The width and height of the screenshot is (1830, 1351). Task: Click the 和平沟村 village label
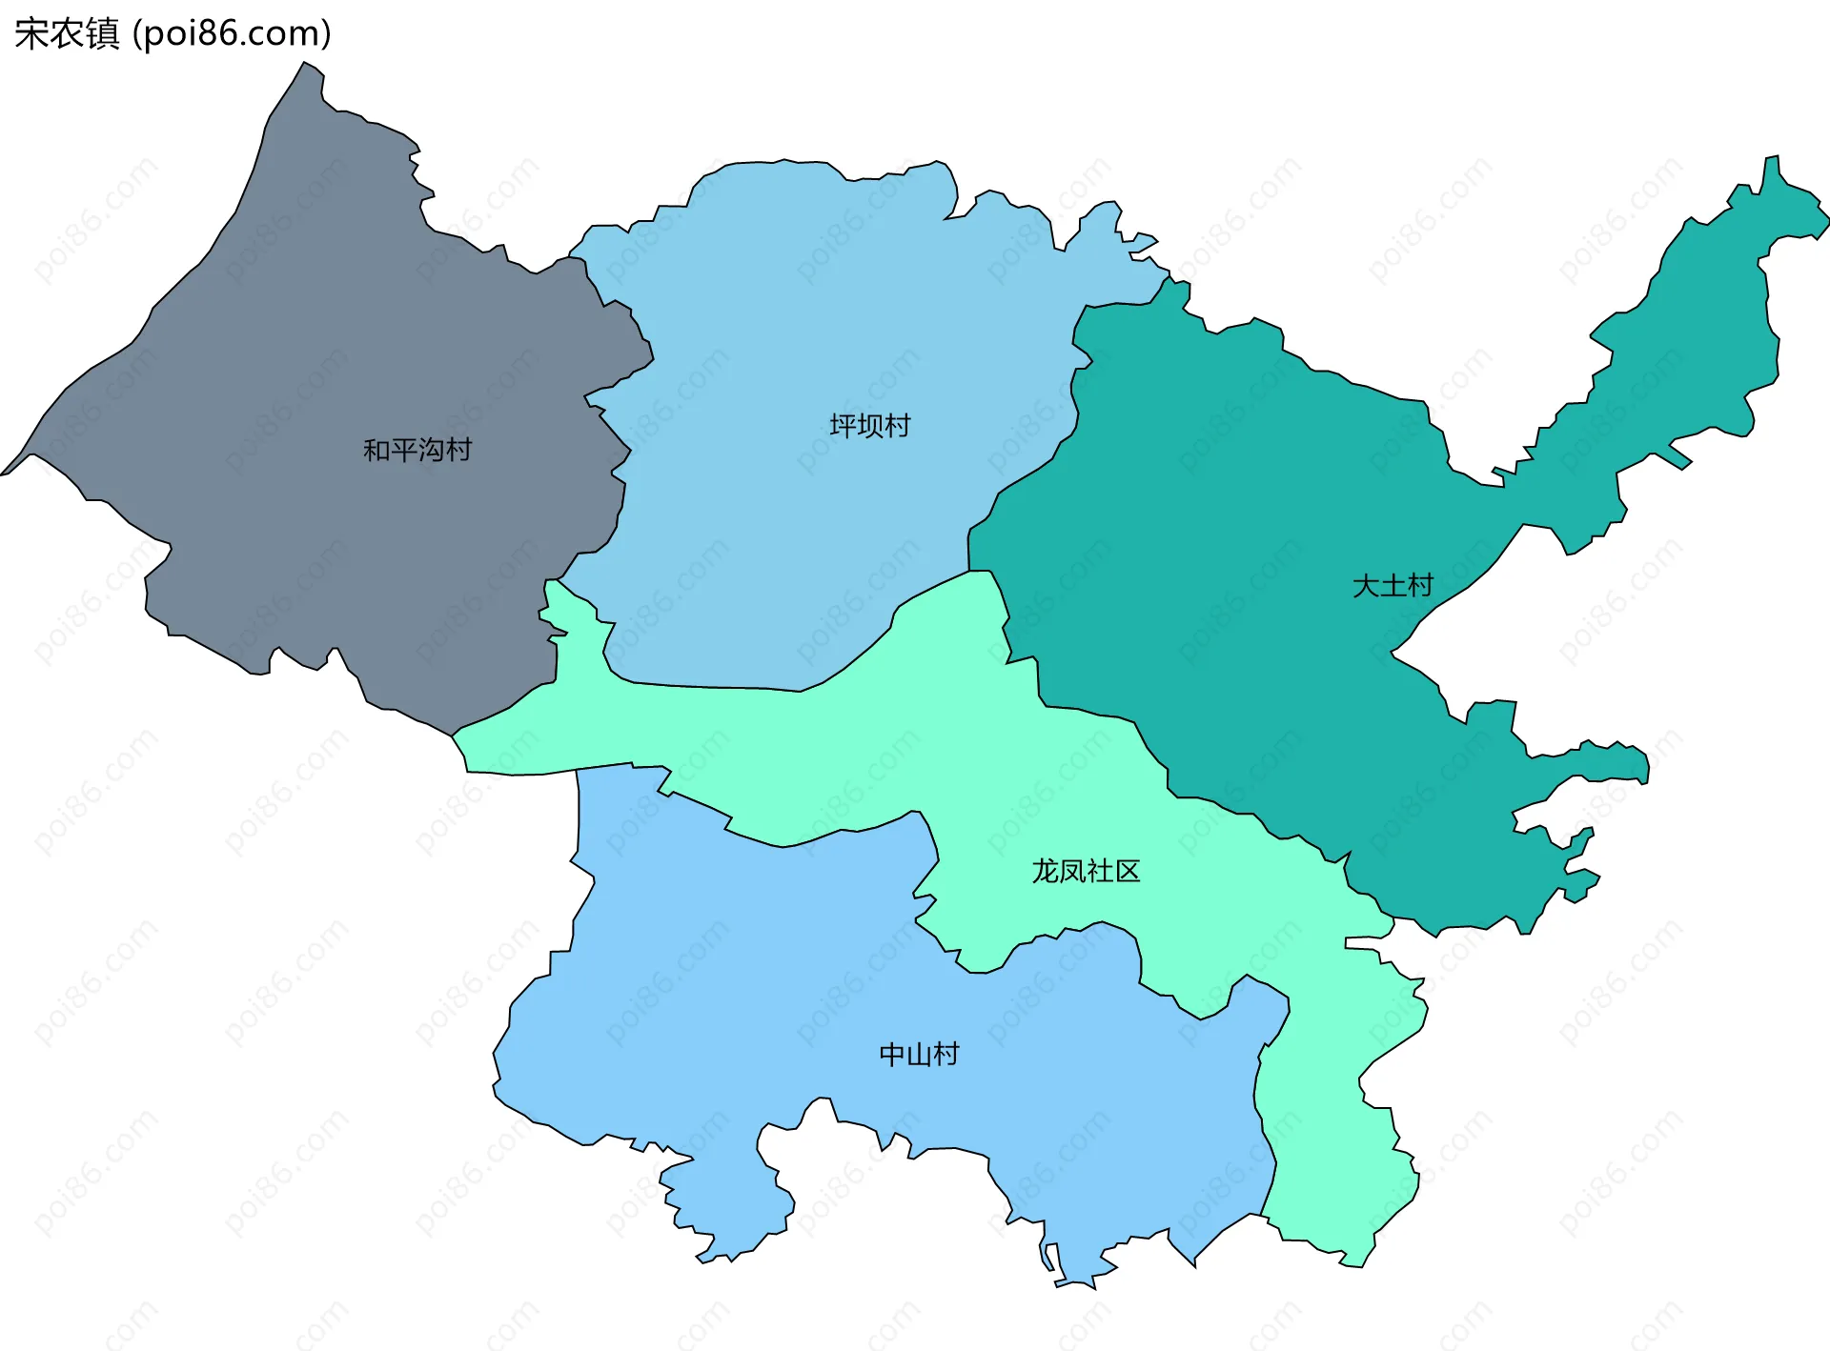[x=417, y=450]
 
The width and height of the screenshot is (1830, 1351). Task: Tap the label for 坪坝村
[x=869, y=425]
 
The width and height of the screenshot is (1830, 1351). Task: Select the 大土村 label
[x=1393, y=585]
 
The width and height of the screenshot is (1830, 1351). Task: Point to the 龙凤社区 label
[x=1086, y=871]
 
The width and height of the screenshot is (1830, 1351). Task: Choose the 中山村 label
[x=919, y=1054]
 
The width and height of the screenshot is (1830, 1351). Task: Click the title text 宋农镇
[x=67, y=33]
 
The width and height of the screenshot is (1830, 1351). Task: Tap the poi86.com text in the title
[x=232, y=33]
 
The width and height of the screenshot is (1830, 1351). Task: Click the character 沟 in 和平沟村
[x=432, y=450]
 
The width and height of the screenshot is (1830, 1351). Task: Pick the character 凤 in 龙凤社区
[x=1072, y=871]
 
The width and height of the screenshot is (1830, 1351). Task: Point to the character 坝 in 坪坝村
[x=869, y=425]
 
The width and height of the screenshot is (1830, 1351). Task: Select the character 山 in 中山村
[x=919, y=1054]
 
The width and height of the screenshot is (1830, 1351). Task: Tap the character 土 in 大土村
[x=1393, y=585]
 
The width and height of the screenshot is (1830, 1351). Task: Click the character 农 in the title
[x=67, y=33]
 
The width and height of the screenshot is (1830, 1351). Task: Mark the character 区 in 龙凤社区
[x=1127, y=871]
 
